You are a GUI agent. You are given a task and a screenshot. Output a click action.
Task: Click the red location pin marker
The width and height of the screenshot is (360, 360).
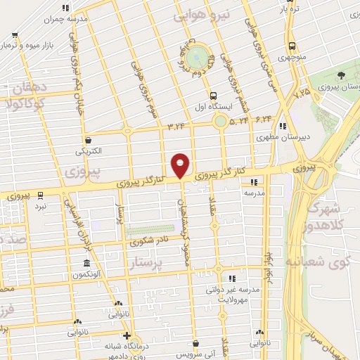pyautogui.click(x=181, y=165)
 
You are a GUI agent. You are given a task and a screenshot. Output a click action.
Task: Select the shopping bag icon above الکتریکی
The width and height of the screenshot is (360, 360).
pyautogui.click(x=88, y=139)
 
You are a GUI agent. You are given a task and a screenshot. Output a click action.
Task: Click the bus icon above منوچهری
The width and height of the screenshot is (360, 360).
pyautogui.click(x=291, y=46)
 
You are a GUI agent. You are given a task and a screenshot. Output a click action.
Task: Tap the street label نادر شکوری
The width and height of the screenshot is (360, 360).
pyautogui.click(x=148, y=243)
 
